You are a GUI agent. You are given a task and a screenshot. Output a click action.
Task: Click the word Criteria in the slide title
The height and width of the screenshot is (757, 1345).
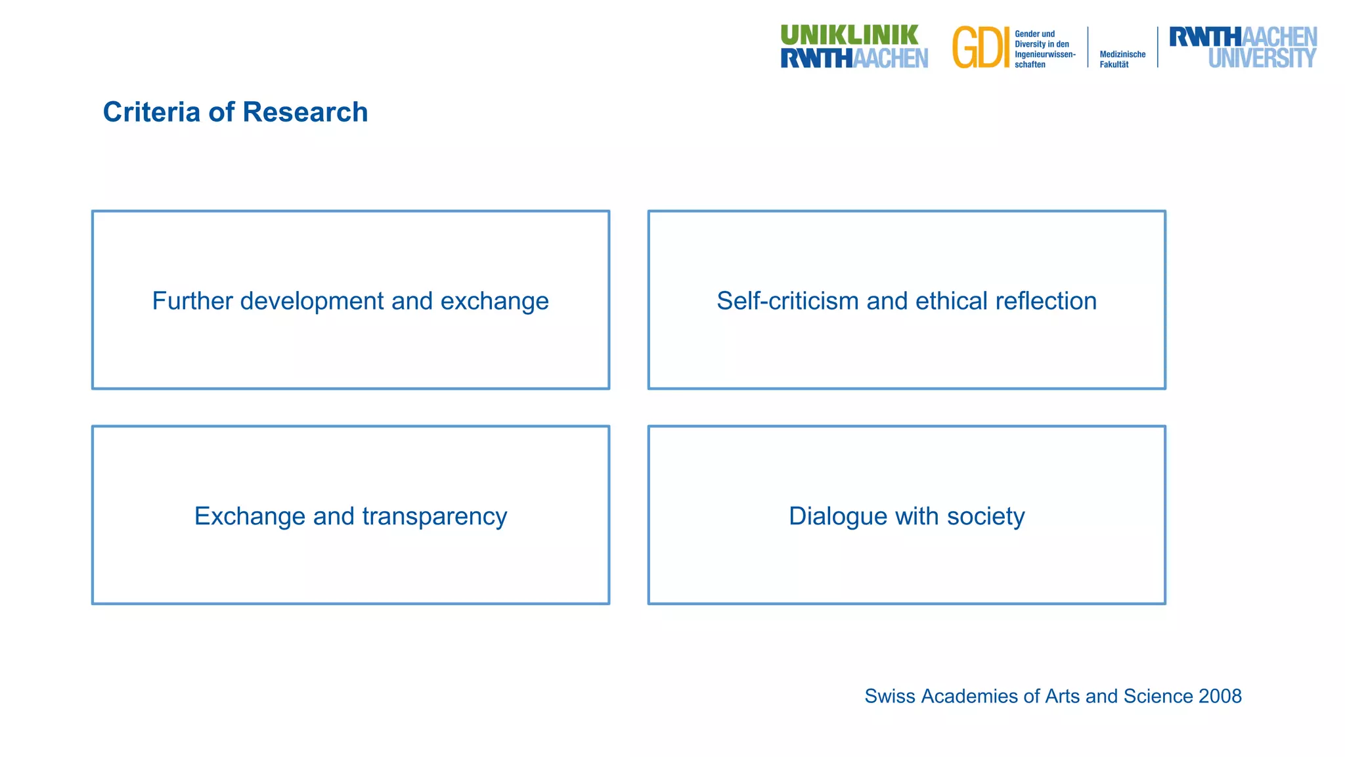pos(151,112)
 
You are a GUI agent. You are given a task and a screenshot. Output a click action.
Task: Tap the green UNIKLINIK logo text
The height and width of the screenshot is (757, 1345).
pos(849,35)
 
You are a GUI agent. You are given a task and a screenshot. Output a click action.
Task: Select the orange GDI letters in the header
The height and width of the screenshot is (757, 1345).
pos(981,48)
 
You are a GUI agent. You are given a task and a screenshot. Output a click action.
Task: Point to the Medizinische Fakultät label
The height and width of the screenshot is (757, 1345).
pos(1122,59)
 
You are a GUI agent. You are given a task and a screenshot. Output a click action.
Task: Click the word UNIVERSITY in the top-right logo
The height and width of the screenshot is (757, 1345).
pos(1262,58)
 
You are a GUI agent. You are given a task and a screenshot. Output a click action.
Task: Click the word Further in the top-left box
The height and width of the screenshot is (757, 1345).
pos(192,301)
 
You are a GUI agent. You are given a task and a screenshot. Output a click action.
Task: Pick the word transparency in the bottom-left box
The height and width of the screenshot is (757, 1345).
pos(434,516)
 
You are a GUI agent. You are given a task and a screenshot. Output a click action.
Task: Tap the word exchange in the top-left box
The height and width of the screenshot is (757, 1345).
pos(495,301)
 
